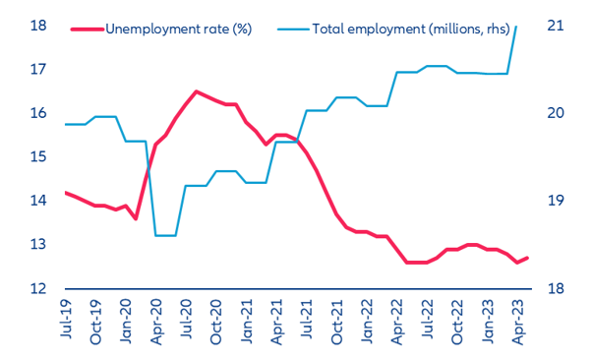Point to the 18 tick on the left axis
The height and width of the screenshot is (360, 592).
[39, 26]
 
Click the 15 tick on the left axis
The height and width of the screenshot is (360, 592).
[39, 157]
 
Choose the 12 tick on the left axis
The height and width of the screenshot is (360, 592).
[39, 288]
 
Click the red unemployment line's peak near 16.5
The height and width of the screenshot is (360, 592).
[197, 91]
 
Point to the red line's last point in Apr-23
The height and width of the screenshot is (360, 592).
[528, 258]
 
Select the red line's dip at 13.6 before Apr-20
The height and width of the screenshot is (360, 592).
[137, 218]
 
